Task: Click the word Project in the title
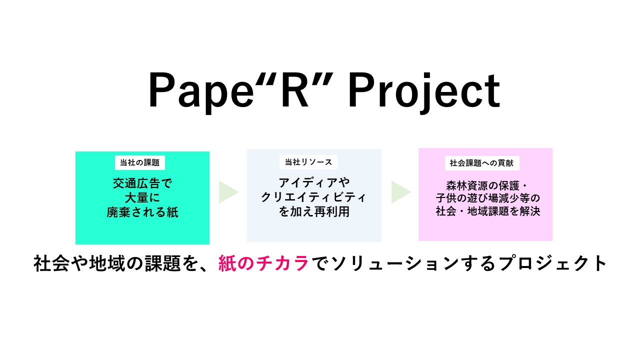coord(424,91)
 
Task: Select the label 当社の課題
coord(139,162)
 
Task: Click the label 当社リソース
coord(308,162)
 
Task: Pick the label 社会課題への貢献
coord(481,163)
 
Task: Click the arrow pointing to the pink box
coord(401,192)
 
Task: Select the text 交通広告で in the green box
coord(142,183)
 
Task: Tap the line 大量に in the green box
coord(142,197)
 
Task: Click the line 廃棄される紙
coord(142,212)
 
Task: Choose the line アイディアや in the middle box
coord(314,182)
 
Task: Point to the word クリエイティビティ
coord(313,197)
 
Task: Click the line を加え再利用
coord(314,211)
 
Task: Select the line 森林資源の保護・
coord(487,186)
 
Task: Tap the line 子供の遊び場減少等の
coord(487,198)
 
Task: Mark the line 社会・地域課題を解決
coord(487,211)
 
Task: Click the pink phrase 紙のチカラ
coord(263,263)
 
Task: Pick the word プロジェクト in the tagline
coord(552,263)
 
